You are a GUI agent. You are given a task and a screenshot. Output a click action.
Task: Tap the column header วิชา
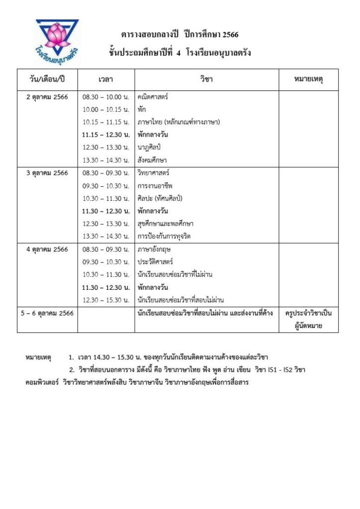point(206,80)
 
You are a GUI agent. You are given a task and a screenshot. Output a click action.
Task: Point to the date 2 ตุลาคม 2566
point(47,97)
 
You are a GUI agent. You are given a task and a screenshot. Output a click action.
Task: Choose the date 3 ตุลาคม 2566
point(47,173)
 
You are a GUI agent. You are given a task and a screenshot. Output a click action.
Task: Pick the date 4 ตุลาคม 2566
point(47,249)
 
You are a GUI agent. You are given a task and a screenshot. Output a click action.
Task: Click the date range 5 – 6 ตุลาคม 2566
point(47,313)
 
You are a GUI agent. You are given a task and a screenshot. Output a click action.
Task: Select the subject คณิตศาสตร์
point(153,97)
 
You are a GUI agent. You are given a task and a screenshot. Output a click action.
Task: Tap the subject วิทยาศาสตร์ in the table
point(153,173)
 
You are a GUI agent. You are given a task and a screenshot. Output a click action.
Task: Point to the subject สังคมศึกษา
point(152,160)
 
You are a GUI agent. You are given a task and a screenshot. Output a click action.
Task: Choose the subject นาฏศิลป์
point(150,147)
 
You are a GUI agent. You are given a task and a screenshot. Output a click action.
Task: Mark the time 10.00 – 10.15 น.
point(105,109)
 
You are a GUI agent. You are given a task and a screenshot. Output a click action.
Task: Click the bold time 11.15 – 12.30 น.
point(106,135)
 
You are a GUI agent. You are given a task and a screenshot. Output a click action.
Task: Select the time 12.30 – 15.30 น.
point(105,300)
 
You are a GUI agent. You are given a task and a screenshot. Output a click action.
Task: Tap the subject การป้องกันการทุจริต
point(165,236)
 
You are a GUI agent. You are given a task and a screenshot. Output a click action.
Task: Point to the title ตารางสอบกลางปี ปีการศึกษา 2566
point(180,35)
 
